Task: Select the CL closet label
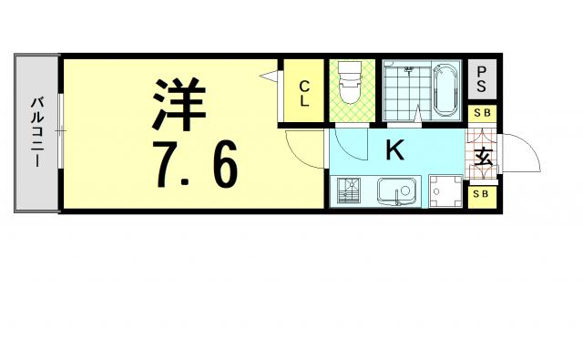[x=304, y=94]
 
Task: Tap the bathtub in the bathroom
[x=446, y=89]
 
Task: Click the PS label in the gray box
[x=480, y=81]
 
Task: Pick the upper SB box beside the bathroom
[x=480, y=113]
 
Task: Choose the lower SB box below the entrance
[x=480, y=194]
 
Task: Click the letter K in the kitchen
[x=394, y=150]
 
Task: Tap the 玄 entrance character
[x=483, y=157]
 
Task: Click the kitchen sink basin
[x=394, y=192]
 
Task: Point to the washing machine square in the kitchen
[x=445, y=191]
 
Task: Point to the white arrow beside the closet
[x=270, y=77]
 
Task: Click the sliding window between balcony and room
[x=60, y=133]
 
